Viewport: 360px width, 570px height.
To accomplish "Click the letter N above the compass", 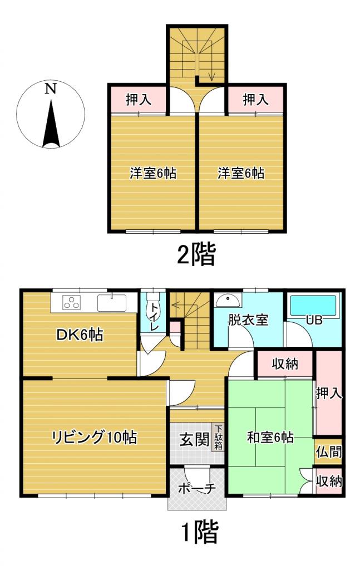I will pos(51,89).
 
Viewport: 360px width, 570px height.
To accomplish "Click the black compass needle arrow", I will pos(51,125).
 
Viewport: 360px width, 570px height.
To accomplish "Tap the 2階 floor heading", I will pos(195,255).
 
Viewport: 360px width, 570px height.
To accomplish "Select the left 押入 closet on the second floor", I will pos(138,100).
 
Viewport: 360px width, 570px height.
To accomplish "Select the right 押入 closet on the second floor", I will pos(255,100).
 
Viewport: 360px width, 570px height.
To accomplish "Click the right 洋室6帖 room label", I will pos(240,174).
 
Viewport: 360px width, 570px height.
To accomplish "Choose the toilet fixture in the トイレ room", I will pos(152,307).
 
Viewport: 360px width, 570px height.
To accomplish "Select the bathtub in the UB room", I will pos(314,306).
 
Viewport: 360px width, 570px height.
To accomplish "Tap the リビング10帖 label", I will pos(94,438).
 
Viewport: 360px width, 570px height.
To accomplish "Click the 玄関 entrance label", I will pos(194,440).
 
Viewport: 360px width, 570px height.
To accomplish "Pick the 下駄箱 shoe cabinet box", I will pos(219,438).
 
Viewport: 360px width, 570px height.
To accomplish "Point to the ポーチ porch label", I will pos(197,489).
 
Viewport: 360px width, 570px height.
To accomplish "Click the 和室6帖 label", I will pos(270,438).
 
